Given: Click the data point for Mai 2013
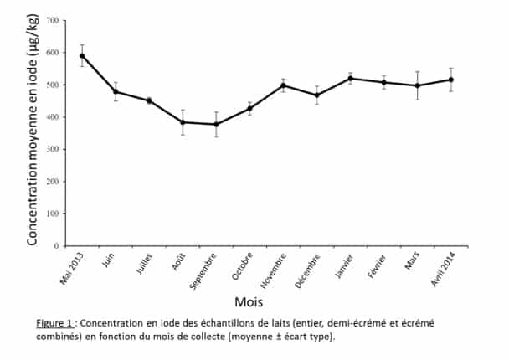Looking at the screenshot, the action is [82, 56].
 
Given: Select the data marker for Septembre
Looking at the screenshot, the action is [216, 125].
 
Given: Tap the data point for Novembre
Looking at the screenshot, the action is [284, 85].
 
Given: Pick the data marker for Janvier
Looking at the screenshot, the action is [350, 79].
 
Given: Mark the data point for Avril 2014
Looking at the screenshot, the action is [451, 80].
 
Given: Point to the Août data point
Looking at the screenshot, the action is [183, 122].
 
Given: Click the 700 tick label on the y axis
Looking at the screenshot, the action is [52, 21].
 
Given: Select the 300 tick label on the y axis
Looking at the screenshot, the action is [52, 149].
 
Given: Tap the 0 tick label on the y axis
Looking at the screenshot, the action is [56, 246].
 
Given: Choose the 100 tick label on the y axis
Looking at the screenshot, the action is [52, 213].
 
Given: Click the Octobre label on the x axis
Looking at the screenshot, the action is [242, 266].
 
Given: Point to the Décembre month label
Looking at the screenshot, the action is [307, 270].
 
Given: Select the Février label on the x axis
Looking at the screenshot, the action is [377, 266].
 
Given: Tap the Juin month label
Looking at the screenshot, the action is [108, 260].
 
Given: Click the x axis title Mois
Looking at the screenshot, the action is [249, 302].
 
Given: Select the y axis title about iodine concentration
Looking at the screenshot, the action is [33, 130].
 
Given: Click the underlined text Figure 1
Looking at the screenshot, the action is [54, 323].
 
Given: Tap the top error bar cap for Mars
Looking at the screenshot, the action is [418, 72].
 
